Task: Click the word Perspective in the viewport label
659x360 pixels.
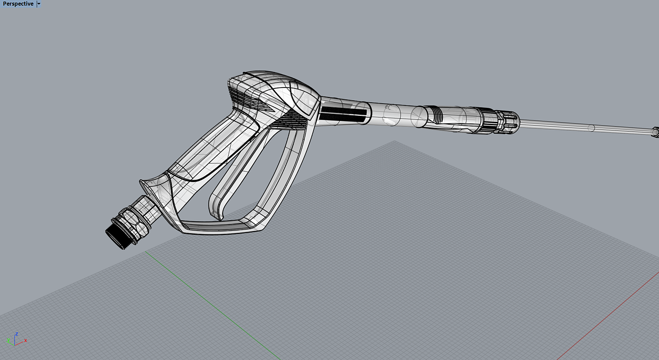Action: tap(18, 4)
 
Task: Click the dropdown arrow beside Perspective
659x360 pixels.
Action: tap(39, 4)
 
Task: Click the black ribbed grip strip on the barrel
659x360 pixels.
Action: tap(343, 114)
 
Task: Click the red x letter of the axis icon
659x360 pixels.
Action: tap(25, 341)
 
